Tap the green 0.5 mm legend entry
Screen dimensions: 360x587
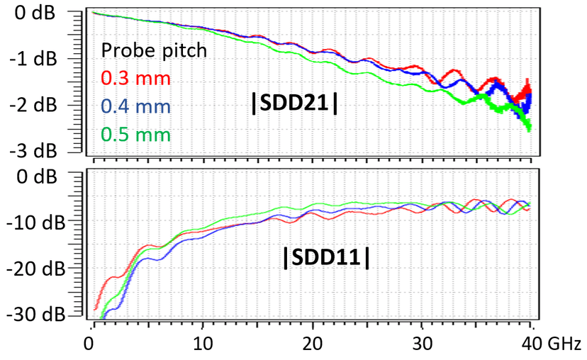(130, 133)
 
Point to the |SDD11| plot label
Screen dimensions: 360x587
(326, 259)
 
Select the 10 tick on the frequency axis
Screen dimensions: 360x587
(203, 343)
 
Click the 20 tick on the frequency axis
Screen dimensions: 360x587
(313, 343)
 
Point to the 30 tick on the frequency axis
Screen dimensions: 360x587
(423, 343)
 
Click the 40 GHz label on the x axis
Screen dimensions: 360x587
(550, 343)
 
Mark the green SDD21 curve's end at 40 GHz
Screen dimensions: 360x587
(530, 128)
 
